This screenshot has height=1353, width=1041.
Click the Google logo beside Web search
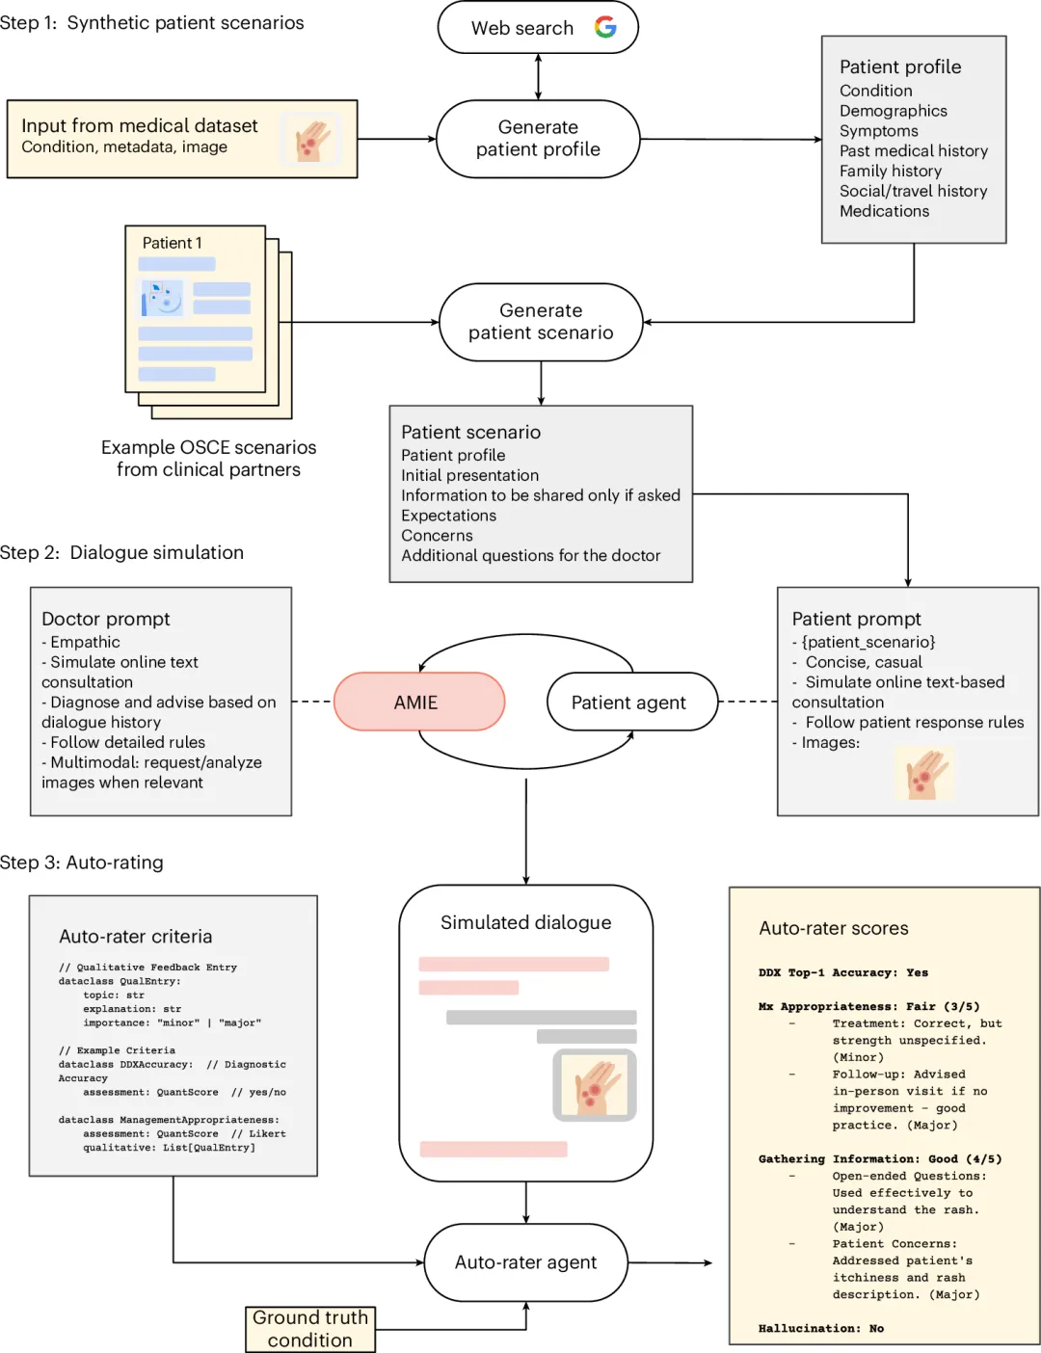605,27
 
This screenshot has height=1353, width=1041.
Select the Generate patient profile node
538,138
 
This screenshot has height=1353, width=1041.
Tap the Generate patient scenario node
541,322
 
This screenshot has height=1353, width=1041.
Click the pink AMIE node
419,702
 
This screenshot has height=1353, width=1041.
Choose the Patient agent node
632,702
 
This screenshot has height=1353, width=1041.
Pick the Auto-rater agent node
525,1262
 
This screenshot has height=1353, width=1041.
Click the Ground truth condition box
310,1329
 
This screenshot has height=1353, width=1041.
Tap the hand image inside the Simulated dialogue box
595,1085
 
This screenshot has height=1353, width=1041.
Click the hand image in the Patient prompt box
924,773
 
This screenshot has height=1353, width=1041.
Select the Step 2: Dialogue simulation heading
122,552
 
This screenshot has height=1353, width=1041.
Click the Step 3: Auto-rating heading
82,862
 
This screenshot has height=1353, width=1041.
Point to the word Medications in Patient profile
884,211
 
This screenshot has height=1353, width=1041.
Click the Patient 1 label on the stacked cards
172,243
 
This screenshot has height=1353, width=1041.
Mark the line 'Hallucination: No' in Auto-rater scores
821,1328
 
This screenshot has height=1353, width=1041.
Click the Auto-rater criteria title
136,936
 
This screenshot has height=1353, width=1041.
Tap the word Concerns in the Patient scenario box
437,536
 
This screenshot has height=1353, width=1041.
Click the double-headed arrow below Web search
538,76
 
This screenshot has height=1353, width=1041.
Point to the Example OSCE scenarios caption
208,459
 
